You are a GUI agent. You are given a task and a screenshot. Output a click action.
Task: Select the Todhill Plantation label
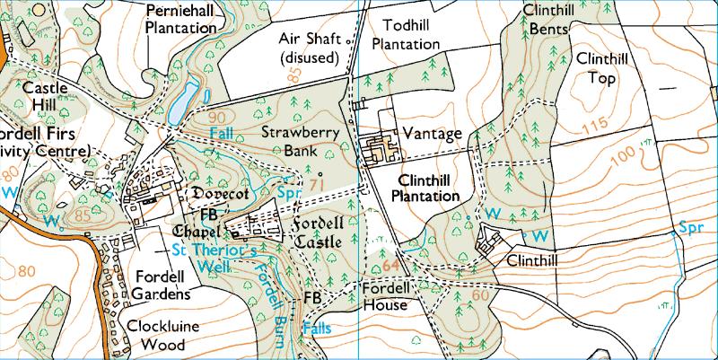405,34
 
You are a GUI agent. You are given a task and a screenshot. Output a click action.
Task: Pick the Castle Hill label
39,98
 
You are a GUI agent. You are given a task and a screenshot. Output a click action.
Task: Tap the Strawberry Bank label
289,140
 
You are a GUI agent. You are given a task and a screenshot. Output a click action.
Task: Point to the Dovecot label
220,193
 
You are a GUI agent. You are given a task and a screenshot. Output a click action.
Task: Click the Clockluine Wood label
164,335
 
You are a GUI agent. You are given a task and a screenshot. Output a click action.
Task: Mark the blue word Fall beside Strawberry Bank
222,133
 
